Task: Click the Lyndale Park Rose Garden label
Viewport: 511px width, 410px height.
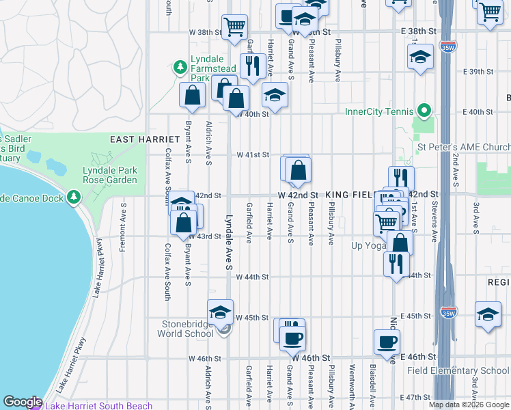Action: click(109, 175)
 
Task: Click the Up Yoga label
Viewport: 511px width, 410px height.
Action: click(368, 245)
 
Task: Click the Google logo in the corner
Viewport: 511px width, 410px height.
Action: click(23, 402)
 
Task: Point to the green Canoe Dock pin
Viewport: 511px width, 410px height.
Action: click(73, 198)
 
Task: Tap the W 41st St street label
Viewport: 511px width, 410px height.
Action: click(253, 155)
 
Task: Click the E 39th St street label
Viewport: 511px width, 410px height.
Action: click(478, 72)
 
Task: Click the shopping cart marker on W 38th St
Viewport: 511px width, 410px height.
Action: click(234, 27)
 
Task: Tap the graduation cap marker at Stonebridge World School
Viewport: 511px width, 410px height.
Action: click(221, 312)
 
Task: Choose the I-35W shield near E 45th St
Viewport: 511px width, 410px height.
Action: click(448, 313)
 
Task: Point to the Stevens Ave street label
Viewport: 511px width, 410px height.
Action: click(433, 219)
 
